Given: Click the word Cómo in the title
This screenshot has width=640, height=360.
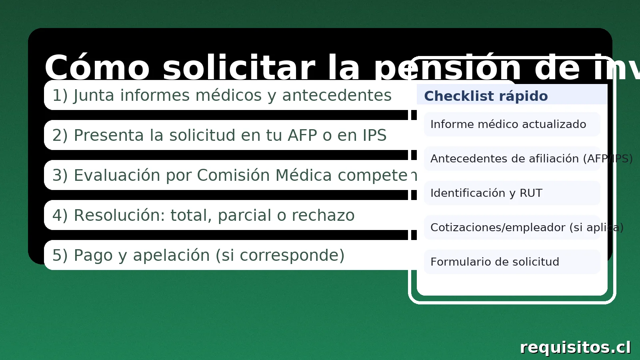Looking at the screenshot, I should (97, 68).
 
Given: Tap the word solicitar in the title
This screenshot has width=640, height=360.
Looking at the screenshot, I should (239, 68).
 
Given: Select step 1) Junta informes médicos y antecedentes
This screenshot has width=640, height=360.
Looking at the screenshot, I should (222, 95).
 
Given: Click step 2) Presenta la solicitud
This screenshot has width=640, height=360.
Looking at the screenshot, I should (219, 135).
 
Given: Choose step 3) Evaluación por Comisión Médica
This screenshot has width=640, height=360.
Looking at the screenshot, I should (230, 175).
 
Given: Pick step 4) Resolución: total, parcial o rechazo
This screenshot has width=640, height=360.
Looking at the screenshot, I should (203, 215).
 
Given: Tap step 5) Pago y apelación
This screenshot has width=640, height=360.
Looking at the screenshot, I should (198, 255).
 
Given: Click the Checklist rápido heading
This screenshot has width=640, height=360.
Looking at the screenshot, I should (486, 96).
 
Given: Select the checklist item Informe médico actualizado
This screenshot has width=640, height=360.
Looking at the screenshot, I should (508, 124).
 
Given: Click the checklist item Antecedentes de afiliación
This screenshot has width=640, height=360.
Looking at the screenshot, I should (512, 159).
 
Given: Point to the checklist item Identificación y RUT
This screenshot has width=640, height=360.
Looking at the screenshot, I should (486, 193).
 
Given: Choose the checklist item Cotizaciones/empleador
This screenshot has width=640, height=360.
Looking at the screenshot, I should (512, 228).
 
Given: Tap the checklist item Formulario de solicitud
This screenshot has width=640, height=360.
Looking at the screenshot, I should (494, 262).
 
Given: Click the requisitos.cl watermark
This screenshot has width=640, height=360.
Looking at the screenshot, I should (575, 347).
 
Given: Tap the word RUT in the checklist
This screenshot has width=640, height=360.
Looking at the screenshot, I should (531, 193).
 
